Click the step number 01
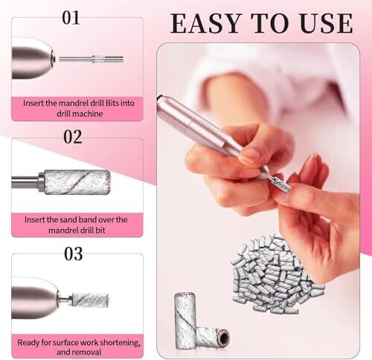click(71, 18)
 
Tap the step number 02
click(73, 137)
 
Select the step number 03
click(74, 254)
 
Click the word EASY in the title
click(206, 23)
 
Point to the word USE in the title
click(326, 23)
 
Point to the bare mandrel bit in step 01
click(92, 60)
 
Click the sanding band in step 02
click(77, 182)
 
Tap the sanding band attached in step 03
click(90, 300)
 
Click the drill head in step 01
click(33, 59)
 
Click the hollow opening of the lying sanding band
click(224, 338)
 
